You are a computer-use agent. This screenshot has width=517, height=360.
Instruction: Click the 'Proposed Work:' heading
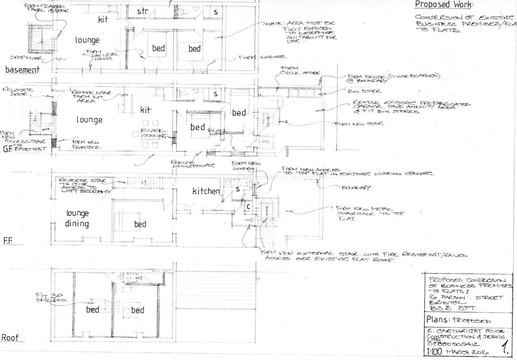point(444,5)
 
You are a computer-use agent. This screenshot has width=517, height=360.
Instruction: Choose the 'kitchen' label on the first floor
point(206,192)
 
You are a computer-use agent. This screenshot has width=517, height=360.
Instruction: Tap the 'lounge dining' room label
point(78,218)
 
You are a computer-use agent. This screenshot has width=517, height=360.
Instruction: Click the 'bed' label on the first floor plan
point(140,224)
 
